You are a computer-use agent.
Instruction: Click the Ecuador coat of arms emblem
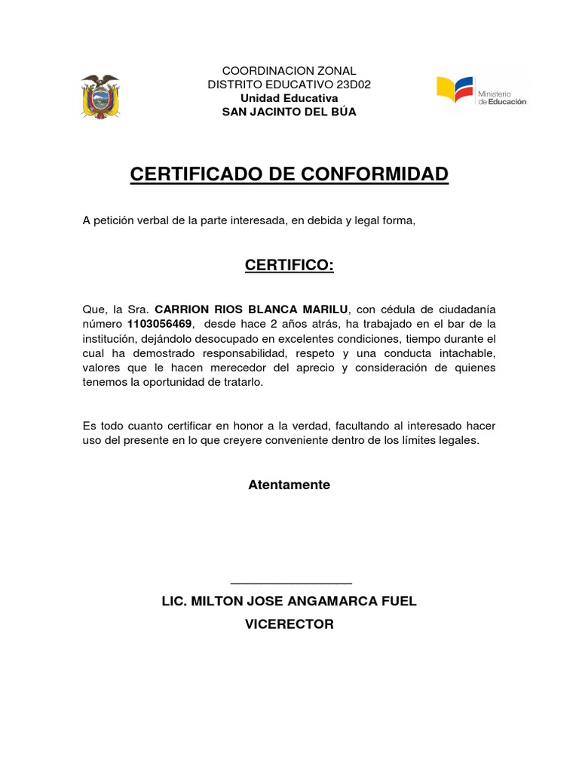pos(100,96)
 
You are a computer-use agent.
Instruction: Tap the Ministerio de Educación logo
pos(482,91)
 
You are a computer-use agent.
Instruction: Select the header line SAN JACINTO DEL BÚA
pos(289,112)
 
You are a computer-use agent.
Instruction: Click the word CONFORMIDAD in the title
pos(375,174)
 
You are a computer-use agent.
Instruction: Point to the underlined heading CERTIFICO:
pos(289,266)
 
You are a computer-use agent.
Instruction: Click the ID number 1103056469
pos(161,324)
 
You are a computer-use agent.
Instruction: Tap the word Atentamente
pos(289,485)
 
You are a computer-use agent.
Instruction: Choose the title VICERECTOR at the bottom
pos(289,624)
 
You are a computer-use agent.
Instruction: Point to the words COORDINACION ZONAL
pos(289,71)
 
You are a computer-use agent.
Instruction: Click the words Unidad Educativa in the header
pos(289,98)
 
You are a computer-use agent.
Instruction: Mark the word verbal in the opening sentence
pos(152,220)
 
